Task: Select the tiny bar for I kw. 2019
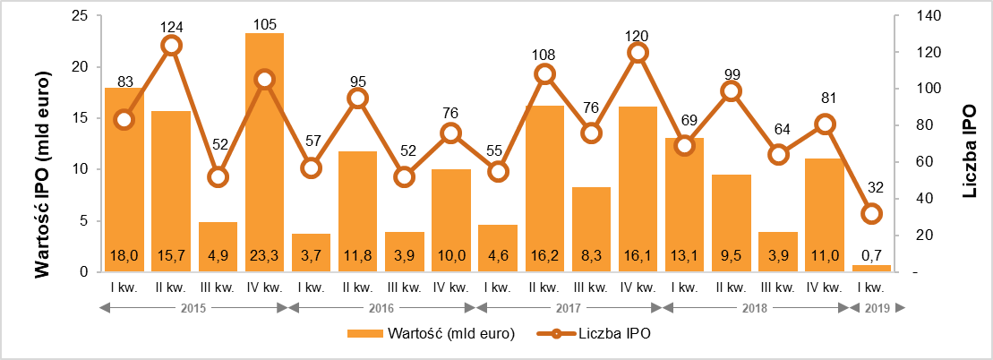[x=871, y=268]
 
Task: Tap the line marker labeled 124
[x=171, y=45]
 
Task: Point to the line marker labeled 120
[x=638, y=53]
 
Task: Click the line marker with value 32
[x=871, y=213]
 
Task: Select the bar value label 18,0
[x=124, y=256]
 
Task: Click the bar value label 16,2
[x=545, y=256]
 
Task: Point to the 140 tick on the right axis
[x=915, y=16]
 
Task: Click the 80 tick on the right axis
[x=912, y=125]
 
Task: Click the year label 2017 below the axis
[x=568, y=308]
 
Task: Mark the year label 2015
[x=193, y=308]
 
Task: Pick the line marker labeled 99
[x=732, y=90]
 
